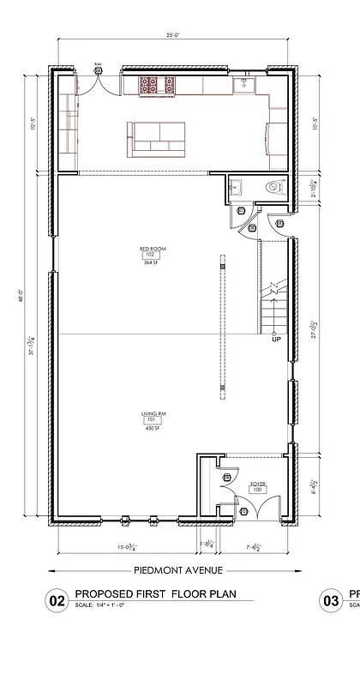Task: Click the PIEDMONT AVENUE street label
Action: [x=178, y=570]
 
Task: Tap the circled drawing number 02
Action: [x=57, y=601]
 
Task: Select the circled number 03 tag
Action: [x=331, y=601]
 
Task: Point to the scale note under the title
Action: [x=101, y=606]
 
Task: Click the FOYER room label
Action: [x=257, y=484]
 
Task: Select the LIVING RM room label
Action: [x=154, y=414]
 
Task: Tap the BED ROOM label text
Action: [x=152, y=250]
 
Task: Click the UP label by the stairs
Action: [x=276, y=340]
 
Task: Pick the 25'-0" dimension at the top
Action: [x=172, y=36]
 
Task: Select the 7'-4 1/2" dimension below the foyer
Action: [x=253, y=546]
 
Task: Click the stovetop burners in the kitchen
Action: [x=157, y=85]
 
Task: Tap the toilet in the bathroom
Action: [x=273, y=186]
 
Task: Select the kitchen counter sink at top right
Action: [x=243, y=83]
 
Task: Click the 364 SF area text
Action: [x=152, y=263]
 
